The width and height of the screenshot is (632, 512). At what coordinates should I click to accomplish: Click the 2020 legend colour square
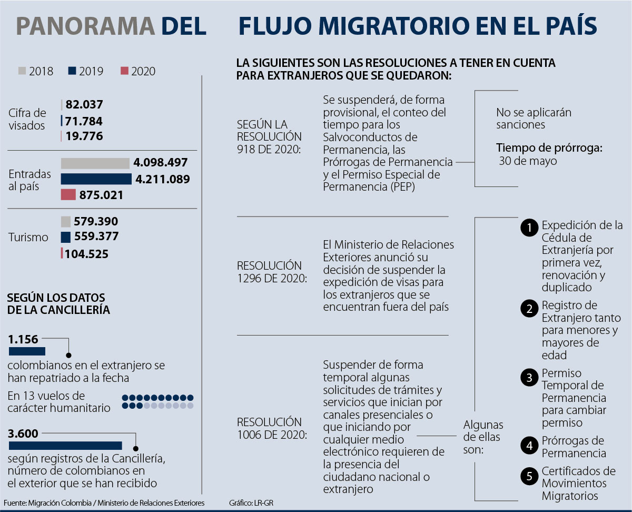(x=125, y=71)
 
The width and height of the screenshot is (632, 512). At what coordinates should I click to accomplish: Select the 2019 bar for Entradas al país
(x=96, y=179)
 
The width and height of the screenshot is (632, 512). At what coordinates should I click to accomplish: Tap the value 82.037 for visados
(x=84, y=104)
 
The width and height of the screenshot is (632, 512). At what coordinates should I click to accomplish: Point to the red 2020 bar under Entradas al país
(x=68, y=195)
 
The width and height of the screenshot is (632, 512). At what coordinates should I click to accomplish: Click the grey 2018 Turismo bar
(x=66, y=222)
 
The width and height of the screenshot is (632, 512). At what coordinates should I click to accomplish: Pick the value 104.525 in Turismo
(x=87, y=254)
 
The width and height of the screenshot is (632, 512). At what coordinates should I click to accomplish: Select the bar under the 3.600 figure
(x=65, y=446)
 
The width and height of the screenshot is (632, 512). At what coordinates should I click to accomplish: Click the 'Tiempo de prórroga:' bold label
(x=549, y=148)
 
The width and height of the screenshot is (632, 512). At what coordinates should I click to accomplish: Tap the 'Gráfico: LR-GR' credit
(x=251, y=503)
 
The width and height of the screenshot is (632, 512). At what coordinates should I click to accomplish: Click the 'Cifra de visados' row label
(x=27, y=120)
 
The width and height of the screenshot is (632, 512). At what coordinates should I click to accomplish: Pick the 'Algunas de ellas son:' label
(x=483, y=437)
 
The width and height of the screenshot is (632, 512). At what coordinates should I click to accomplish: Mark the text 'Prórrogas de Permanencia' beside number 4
(x=574, y=447)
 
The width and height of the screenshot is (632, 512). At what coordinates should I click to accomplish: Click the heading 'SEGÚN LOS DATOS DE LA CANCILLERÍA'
(x=59, y=304)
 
